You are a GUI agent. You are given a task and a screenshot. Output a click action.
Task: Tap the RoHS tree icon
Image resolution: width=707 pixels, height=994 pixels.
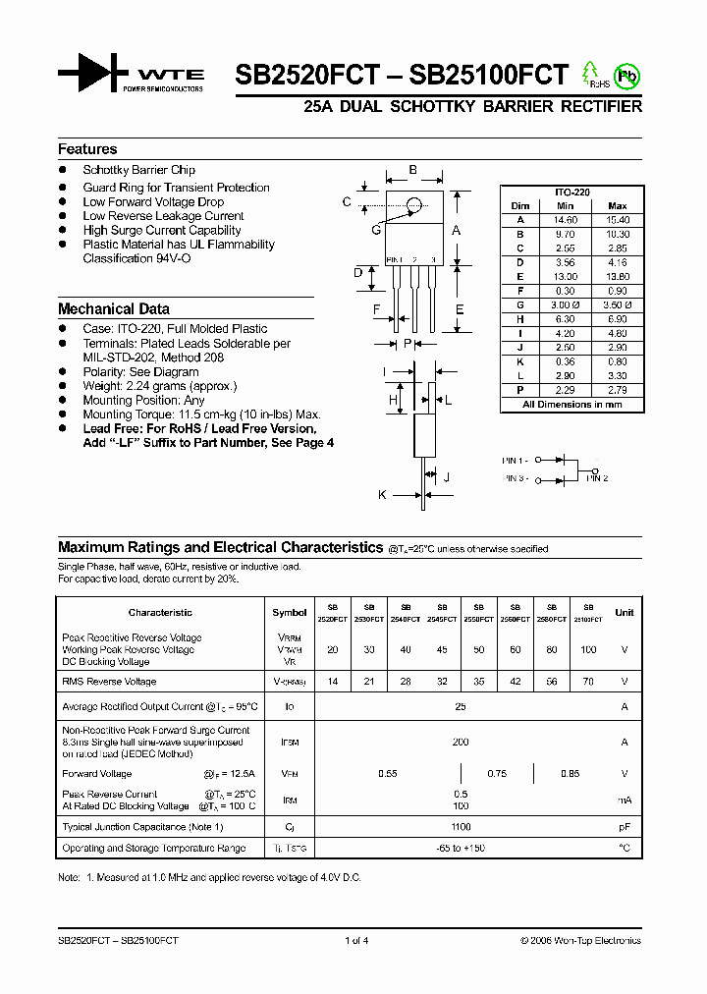pos(590,74)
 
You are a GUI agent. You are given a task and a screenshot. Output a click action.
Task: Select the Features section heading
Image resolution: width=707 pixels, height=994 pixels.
pos(87,149)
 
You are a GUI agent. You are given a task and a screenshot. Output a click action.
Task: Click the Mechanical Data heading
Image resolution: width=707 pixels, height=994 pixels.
pos(113,308)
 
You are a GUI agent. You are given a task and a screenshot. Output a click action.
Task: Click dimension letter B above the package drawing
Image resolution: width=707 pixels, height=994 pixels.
pos(412,170)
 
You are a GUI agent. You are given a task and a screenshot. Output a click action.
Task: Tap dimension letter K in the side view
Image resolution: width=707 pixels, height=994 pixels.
pos(383,495)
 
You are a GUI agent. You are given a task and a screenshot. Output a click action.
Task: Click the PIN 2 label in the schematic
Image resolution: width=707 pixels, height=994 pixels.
pos(597,478)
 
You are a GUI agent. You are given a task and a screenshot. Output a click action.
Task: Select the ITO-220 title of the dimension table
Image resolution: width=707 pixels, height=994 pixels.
pos(571,193)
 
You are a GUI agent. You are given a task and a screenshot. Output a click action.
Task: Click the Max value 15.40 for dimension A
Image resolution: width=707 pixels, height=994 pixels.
pos(617,220)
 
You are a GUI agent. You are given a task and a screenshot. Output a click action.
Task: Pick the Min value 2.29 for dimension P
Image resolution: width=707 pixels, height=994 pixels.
pos(565,390)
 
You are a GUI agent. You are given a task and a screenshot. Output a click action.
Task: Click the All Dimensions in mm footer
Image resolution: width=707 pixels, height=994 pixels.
pos(571,404)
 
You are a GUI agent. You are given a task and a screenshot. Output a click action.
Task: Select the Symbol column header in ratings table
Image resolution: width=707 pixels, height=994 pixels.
pos(289,612)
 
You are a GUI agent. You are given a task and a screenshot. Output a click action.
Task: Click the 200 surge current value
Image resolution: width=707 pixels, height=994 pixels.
pos(461,743)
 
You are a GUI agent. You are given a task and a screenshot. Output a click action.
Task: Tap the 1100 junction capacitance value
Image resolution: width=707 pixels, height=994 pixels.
pos(461,827)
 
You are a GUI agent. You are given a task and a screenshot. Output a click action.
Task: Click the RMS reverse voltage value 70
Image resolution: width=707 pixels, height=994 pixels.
pos(588,681)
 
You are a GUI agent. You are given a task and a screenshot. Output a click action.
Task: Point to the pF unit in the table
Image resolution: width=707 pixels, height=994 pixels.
pos(624,827)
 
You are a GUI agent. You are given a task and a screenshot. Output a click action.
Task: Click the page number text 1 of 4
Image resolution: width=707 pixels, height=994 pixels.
pos(356,940)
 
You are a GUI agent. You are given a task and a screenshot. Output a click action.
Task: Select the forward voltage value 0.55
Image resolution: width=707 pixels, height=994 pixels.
pos(388,774)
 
